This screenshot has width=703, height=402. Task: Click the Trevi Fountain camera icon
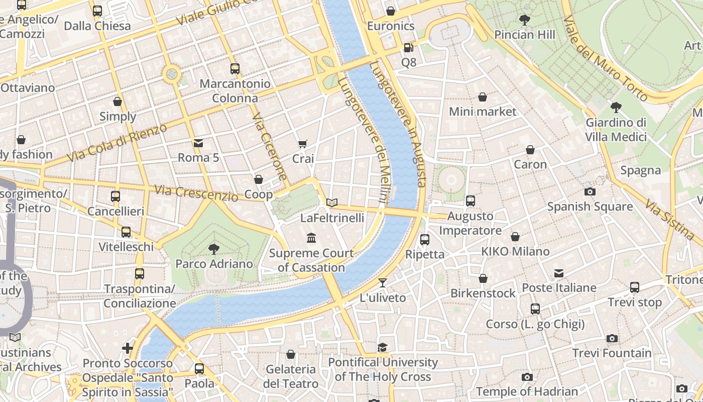coord(612,339)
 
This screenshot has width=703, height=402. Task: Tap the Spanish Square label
coord(590,207)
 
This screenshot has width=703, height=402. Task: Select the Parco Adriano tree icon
coord(214,249)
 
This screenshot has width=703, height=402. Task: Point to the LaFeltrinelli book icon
coord(331,203)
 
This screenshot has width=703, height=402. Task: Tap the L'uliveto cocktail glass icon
coord(383,283)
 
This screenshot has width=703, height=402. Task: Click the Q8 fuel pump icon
coord(409,48)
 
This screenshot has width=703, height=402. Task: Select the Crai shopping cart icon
coord(303,144)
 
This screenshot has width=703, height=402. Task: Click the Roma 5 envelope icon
coord(198,143)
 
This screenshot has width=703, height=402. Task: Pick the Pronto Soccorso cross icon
coord(128,348)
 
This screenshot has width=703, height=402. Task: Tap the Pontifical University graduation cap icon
coord(383,348)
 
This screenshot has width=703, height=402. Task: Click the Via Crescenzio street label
coord(196,193)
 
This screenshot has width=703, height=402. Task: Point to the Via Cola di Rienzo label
coord(116,143)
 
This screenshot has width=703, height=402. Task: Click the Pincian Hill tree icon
coord(525,20)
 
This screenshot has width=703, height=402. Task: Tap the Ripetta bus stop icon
coord(425,240)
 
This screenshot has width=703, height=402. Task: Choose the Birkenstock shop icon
coord(483,278)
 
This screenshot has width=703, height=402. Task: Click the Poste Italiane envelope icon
coord(559,273)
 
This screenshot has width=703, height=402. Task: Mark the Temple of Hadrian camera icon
coord(527,377)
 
